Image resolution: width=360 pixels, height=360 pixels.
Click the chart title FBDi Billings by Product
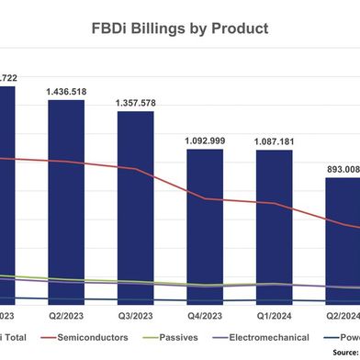pyautogui.click(x=179, y=28)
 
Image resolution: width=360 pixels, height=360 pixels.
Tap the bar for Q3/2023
pyautogui.click(x=136, y=207)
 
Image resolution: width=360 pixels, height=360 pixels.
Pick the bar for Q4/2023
pyautogui.click(x=205, y=225)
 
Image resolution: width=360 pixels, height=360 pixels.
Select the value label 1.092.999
pyautogui.click(x=205, y=141)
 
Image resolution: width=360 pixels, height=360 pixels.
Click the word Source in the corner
pyautogui.click(x=342, y=353)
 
